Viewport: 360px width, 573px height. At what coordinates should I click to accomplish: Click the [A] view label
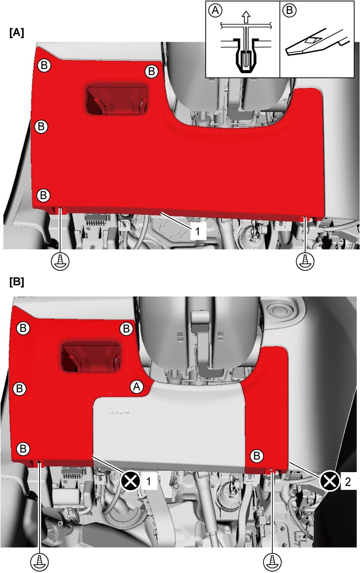[17, 33]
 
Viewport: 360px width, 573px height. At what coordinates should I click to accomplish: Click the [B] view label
[17, 282]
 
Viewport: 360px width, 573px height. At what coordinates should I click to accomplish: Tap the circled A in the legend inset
[215, 10]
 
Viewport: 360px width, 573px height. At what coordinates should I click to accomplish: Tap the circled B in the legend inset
[290, 10]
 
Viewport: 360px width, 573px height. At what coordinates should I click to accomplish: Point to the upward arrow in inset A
[246, 18]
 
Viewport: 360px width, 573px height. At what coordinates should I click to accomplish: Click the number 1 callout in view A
[197, 231]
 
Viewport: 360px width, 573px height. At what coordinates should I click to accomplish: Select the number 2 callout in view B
[348, 482]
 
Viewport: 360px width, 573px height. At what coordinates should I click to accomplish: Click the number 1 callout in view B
[149, 482]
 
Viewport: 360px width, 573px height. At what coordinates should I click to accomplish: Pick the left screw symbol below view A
[60, 261]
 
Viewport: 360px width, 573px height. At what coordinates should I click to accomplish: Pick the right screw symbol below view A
[305, 261]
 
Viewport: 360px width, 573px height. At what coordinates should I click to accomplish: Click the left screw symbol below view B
[39, 561]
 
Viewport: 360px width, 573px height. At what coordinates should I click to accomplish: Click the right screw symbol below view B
[273, 561]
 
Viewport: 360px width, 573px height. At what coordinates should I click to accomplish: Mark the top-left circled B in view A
[44, 65]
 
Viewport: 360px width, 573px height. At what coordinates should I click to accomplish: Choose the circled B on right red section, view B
[257, 456]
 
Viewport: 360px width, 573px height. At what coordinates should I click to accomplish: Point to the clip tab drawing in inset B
[317, 42]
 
